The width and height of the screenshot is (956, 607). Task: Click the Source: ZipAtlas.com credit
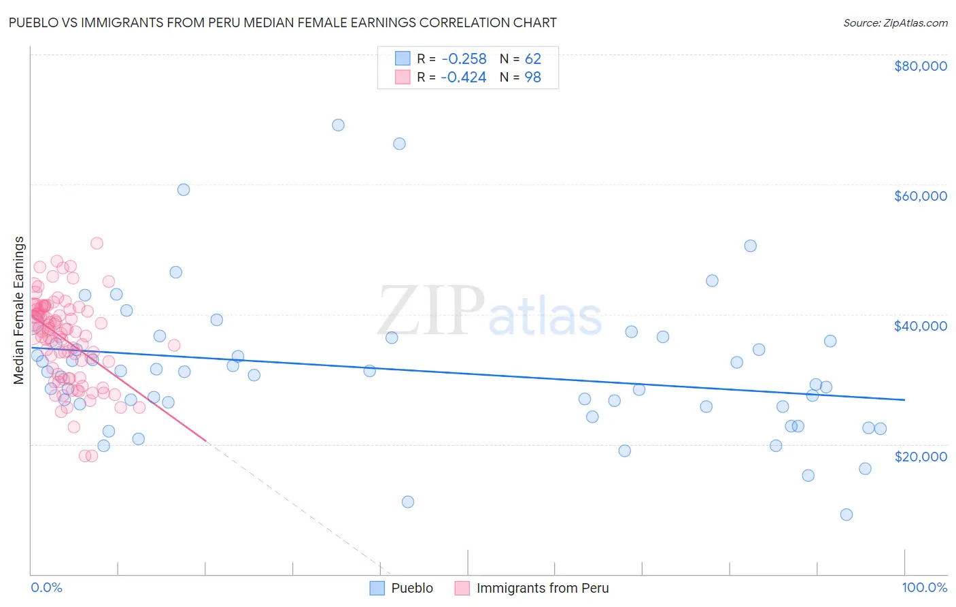(x=895, y=23)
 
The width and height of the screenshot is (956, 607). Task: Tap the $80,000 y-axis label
(x=920, y=66)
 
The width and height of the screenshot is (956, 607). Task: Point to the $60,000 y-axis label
(x=920, y=196)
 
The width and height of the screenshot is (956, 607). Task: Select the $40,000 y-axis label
(x=920, y=326)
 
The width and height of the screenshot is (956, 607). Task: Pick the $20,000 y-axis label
(x=920, y=456)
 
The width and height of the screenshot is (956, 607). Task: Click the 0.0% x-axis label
(x=46, y=587)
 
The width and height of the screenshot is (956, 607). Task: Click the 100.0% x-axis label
(x=924, y=587)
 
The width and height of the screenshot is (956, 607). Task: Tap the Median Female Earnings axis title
(x=19, y=310)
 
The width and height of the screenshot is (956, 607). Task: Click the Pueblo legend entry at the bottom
(x=411, y=588)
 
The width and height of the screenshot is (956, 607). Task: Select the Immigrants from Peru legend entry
(x=542, y=588)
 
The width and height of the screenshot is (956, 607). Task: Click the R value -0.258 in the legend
(x=463, y=59)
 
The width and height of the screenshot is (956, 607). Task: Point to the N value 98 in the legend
(x=532, y=78)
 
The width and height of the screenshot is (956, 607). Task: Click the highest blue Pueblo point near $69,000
(x=338, y=125)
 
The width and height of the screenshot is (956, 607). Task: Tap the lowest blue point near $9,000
(x=846, y=514)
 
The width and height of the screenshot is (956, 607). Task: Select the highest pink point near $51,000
(x=97, y=244)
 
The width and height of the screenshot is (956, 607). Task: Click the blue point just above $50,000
(x=750, y=246)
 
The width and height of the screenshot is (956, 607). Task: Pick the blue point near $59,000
(x=184, y=190)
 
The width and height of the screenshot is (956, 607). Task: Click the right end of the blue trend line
(x=904, y=400)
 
